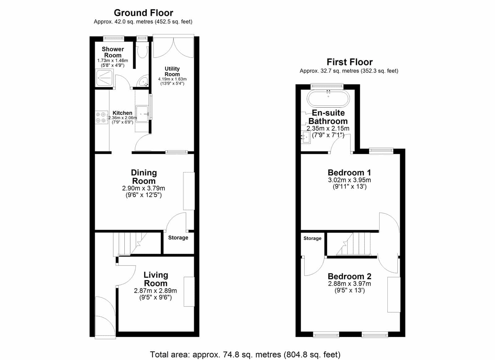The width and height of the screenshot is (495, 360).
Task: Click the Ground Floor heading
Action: pos(144,13)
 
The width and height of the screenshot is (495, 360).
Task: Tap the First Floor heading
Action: pos(350,62)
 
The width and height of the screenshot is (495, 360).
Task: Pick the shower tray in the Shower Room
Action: pos(105,78)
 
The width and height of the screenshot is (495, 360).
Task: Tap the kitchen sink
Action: pos(142,114)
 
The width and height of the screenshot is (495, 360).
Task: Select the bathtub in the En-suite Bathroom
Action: pos(328,99)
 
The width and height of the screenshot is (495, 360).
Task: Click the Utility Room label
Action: pos(172,72)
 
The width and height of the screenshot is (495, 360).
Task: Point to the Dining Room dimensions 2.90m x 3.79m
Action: pos(144,188)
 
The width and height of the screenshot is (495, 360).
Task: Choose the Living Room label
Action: pos(156,279)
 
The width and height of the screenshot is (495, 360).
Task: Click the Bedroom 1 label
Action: pos(349,172)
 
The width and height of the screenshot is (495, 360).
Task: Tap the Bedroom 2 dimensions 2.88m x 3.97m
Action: pos(349,284)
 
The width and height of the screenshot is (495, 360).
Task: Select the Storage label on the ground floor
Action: pos(178,238)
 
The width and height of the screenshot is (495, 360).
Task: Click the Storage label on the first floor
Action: pos(312,238)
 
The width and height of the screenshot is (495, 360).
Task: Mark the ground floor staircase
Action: pos(130,244)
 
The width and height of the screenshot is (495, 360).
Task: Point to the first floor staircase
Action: pos(353,244)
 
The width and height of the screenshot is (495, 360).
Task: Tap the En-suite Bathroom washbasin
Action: pos(306,137)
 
